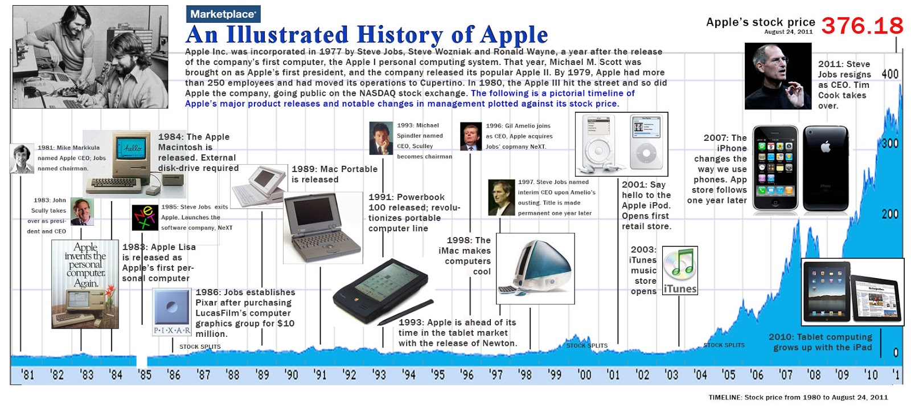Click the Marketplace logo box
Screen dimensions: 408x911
click(x=223, y=14)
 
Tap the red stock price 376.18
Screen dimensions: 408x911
click(x=862, y=26)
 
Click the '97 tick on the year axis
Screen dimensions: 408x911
click(x=496, y=374)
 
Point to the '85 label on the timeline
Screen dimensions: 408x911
click(x=145, y=374)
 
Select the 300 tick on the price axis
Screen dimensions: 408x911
click(x=890, y=143)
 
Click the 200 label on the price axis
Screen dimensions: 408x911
click(x=890, y=214)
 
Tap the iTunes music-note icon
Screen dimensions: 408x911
click(x=680, y=264)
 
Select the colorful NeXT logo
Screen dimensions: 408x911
click(x=145, y=217)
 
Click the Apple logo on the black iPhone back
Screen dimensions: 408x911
click(x=826, y=146)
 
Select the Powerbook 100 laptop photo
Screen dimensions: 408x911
click(x=323, y=228)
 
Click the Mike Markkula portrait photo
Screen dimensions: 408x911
click(x=22, y=158)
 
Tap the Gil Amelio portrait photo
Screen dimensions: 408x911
click(x=471, y=137)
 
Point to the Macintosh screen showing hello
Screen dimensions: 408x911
click(x=133, y=148)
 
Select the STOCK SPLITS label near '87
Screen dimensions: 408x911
click(x=200, y=346)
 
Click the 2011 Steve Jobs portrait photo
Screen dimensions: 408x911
click(x=778, y=76)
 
